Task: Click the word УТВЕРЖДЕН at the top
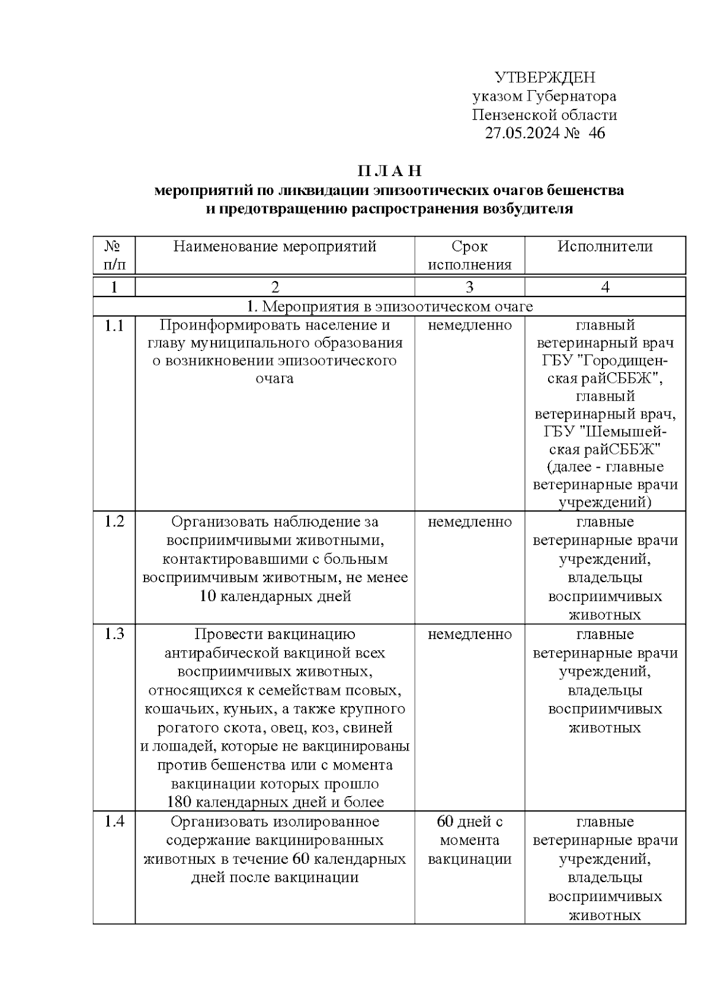point(545,78)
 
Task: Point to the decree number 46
point(597,133)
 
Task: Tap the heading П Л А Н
point(389,171)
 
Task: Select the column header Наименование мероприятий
point(275,247)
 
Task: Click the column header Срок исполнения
point(469,256)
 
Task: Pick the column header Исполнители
point(605,247)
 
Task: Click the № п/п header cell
point(114,256)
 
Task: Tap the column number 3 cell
point(469,288)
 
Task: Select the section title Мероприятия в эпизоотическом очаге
point(389,306)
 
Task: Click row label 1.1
point(114,325)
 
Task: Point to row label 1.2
point(114,522)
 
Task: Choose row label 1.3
point(114,634)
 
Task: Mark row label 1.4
point(114,822)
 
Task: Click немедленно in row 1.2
point(469,522)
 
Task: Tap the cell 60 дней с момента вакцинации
point(469,840)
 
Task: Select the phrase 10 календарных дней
point(276,596)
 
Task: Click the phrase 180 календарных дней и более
point(276,803)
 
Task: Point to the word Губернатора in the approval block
point(572,96)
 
